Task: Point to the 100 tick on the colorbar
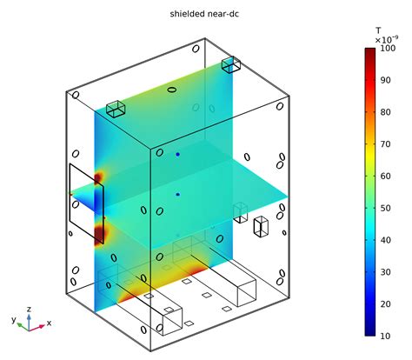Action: [x=388, y=49]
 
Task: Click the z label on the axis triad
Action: [x=30, y=308]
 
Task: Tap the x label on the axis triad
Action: [x=48, y=323]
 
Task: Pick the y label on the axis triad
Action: [x=13, y=320]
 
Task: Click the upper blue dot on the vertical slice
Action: [x=178, y=155]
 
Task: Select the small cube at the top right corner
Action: [x=231, y=64]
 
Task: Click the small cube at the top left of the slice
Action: [x=116, y=108]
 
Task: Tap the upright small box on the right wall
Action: [x=260, y=227]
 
